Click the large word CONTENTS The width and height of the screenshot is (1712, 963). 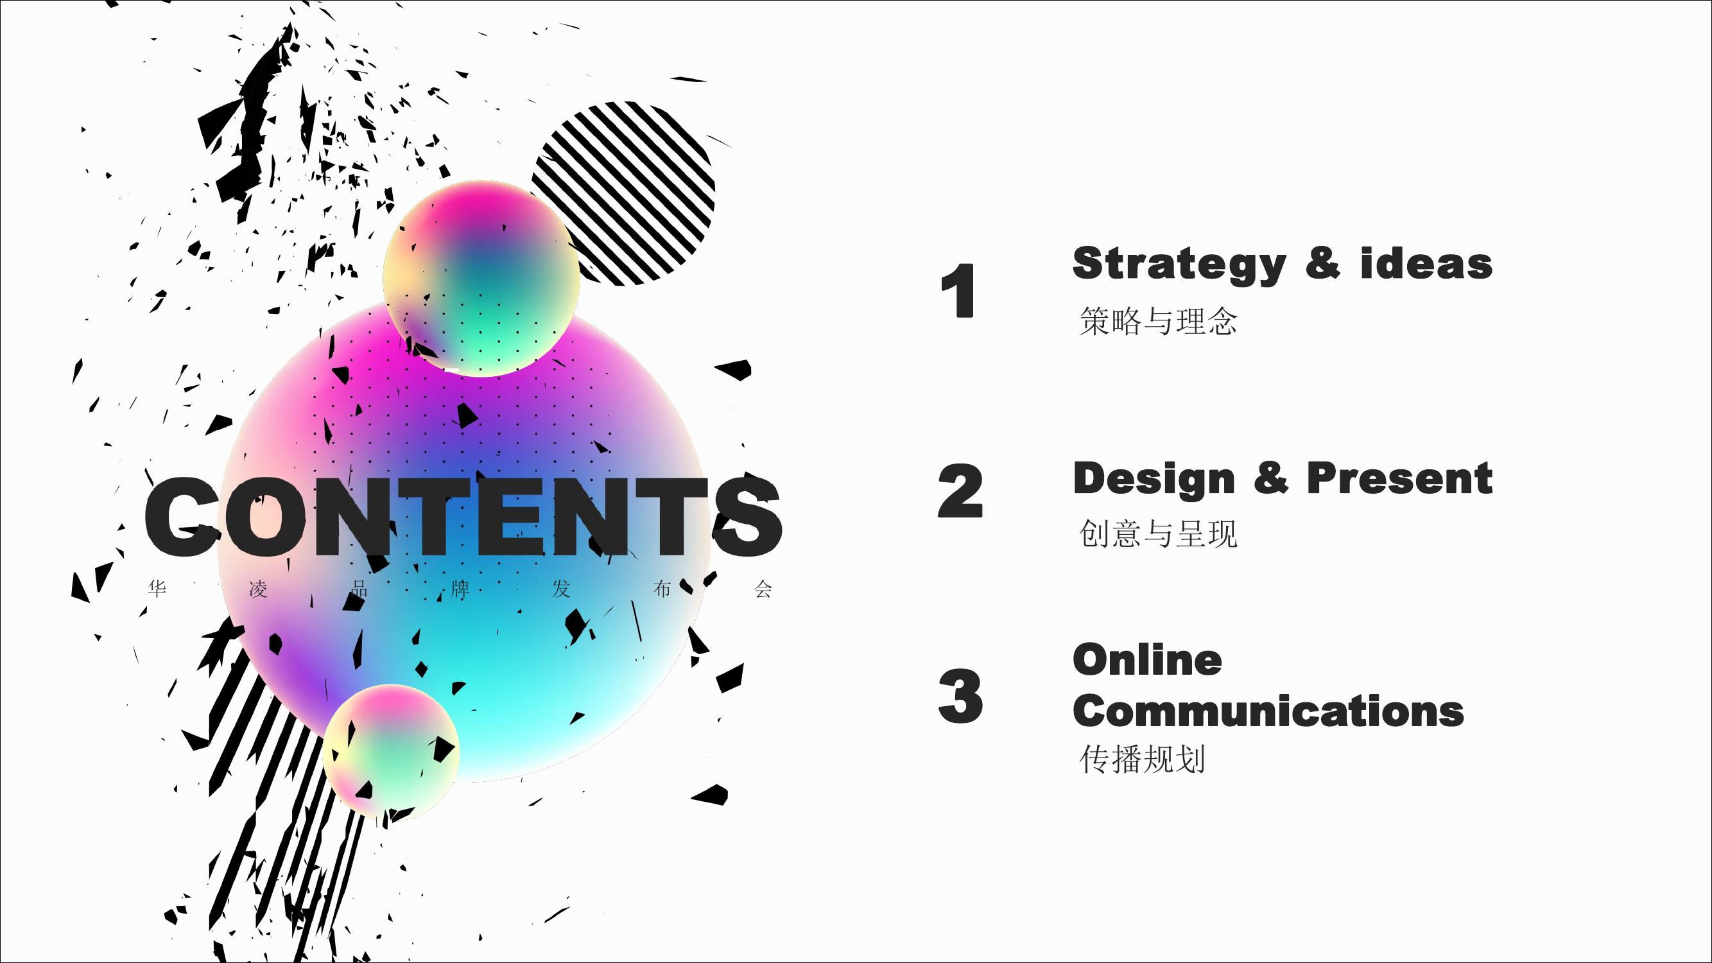[x=463, y=516]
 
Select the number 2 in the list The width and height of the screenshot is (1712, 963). [x=960, y=490]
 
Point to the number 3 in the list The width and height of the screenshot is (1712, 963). [x=960, y=696]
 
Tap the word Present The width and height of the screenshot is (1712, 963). [x=1399, y=478]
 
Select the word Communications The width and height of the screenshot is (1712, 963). [x=1268, y=711]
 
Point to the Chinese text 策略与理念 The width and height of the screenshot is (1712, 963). [x=1158, y=321]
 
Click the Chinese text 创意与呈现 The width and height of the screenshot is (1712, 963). [x=1158, y=534]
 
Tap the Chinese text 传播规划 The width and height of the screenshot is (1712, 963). [x=1142, y=759]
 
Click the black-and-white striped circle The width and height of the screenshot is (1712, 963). [x=623, y=193]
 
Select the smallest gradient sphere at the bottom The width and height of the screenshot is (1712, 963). [x=391, y=750]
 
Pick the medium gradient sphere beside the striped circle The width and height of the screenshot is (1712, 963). [x=481, y=278]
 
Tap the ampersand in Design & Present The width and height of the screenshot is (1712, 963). [x=1271, y=478]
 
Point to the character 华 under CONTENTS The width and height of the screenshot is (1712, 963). [x=157, y=589]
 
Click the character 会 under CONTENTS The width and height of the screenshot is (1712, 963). [x=763, y=589]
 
